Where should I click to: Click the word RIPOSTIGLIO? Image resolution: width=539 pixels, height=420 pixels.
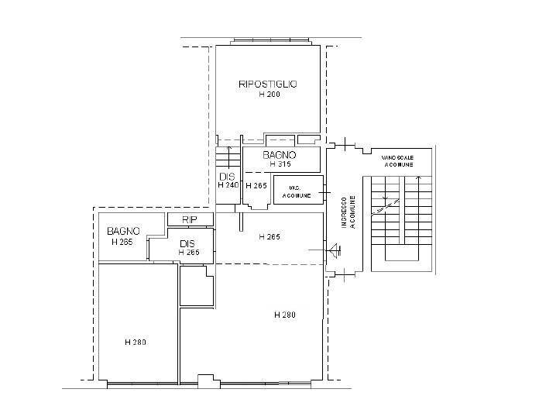pos(268,84)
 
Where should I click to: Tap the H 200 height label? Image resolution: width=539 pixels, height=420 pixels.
pos(269,95)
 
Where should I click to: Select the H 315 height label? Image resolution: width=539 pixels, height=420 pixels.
pos(280,164)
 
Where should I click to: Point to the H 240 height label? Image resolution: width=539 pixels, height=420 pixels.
pos(228,186)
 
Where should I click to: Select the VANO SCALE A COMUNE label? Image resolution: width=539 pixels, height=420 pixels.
pos(398,160)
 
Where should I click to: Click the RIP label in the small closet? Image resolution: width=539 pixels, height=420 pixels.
pos(191,221)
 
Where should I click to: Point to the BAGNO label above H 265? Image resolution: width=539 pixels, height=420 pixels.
pos(123,231)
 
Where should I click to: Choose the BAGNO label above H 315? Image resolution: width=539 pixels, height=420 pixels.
pos(280,155)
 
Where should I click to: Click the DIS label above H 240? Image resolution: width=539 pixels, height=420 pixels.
pos(227,177)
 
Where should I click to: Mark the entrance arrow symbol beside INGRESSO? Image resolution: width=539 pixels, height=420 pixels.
pos(333,250)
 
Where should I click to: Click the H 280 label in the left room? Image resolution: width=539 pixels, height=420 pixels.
pos(136,342)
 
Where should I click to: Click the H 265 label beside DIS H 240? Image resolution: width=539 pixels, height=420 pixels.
pos(256,186)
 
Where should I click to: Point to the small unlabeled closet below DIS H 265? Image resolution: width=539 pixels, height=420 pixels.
pos(197,287)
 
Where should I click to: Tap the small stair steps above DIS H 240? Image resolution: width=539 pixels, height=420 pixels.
pos(228,157)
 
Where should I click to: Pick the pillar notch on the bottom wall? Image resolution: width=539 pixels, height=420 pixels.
pos(205,379)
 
